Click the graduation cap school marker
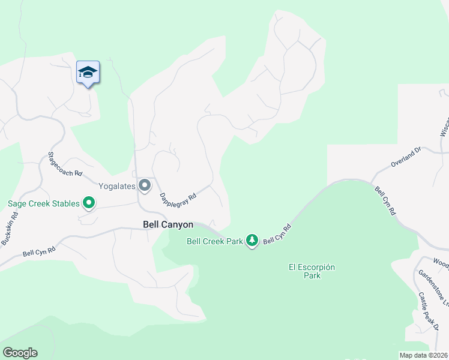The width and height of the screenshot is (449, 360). pyautogui.click(x=88, y=73)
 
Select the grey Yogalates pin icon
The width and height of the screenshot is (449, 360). pyautogui.click(x=144, y=185)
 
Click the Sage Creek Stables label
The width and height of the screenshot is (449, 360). pyautogui.click(x=43, y=203)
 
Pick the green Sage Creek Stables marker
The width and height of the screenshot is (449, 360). pyautogui.click(x=89, y=203)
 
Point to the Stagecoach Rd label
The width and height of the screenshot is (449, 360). pyautogui.click(x=64, y=164)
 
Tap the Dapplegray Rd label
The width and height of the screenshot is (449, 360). pyautogui.click(x=178, y=196)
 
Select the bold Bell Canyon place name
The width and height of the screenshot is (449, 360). pyautogui.click(x=168, y=224)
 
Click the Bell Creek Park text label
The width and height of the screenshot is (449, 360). pyautogui.click(x=215, y=241)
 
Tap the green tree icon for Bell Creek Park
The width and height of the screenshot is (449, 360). pyautogui.click(x=252, y=241)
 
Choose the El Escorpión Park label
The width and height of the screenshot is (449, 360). pyautogui.click(x=312, y=271)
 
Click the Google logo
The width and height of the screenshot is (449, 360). pyautogui.click(x=20, y=353)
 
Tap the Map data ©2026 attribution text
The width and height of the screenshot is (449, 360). pyautogui.click(x=423, y=355)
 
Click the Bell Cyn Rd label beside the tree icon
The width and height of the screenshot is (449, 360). pyautogui.click(x=277, y=234)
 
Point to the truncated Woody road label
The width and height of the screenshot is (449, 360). pyautogui.click(x=441, y=262)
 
